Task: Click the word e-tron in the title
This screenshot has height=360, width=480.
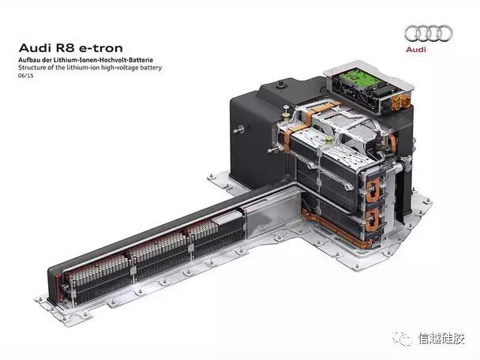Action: point(101,48)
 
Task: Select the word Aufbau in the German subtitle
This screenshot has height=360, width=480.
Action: point(28,60)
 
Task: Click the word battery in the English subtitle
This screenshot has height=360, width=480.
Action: point(151,68)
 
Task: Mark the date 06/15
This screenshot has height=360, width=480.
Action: point(26,75)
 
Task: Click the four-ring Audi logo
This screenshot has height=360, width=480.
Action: point(428,33)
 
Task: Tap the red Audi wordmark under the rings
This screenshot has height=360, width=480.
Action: point(416,49)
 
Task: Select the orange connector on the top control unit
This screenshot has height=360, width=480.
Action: point(401,103)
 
